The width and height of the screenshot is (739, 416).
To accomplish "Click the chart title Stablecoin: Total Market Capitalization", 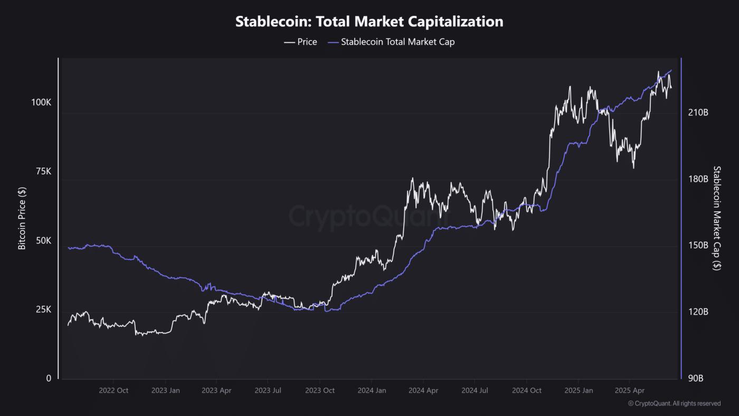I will point(369,22).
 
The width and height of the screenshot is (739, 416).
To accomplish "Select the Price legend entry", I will point(300,42).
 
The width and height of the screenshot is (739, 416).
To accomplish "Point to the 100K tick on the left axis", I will point(41,102).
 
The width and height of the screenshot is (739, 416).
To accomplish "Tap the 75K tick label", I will point(43,171).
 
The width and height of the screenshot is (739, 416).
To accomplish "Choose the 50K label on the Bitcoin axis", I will point(43,241).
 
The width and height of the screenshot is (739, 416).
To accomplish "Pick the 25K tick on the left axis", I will point(43,309).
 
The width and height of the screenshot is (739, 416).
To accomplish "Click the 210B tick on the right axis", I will point(698,113).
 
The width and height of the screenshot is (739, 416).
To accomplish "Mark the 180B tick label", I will point(698,179).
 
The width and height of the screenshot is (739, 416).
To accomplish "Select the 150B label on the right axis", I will point(698,245).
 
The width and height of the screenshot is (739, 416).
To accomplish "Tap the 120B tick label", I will point(698,312).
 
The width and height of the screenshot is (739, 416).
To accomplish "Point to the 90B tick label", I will point(696,378).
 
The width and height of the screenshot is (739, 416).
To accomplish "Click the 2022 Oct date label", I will point(113,391).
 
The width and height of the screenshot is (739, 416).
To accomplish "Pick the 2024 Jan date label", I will point(372,391).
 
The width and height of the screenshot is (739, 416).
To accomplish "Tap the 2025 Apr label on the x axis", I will point(630,391).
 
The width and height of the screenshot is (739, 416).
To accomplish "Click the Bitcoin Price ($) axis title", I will point(22,218).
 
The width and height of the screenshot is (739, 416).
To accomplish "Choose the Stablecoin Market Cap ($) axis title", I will point(716,218).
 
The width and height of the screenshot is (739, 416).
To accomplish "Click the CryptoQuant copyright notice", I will point(674,403).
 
